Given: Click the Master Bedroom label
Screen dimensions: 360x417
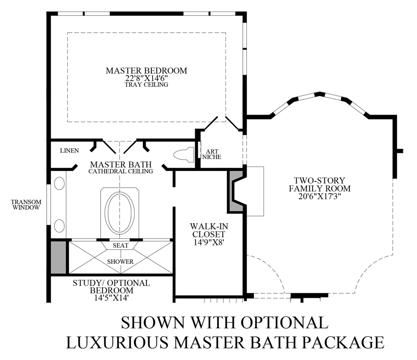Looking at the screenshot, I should pyautogui.click(x=147, y=70).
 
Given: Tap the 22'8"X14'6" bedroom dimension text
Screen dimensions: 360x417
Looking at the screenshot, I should pyautogui.click(x=147, y=78).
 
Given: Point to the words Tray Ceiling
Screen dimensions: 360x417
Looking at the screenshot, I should pyautogui.click(x=147, y=84).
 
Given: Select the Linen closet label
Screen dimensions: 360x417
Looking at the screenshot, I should pyautogui.click(x=69, y=151).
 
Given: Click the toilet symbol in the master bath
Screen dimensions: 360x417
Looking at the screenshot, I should pyautogui.click(x=184, y=155).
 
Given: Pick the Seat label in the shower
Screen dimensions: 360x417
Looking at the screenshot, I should pyautogui.click(x=120, y=245).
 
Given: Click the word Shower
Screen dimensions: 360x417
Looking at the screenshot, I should pyautogui.click(x=120, y=261).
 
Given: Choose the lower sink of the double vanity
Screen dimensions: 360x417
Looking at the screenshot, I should pyautogui.click(x=59, y=226).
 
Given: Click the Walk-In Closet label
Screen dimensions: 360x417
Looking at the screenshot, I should pyautogui.click(x=210, y=230).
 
